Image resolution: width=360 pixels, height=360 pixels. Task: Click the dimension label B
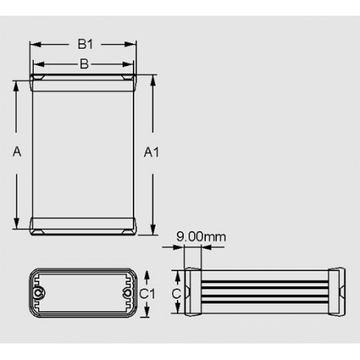tap(83, 64)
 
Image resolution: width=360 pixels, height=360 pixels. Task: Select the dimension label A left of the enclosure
tap(17, 153)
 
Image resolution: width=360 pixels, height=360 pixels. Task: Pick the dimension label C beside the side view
tap(177, 293)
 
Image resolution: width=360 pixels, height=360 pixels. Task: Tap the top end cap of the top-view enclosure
tap(83, 80)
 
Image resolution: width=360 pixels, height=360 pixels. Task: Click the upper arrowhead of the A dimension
tap(17, 83)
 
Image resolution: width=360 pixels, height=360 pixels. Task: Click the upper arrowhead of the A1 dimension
tap(152, 79)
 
